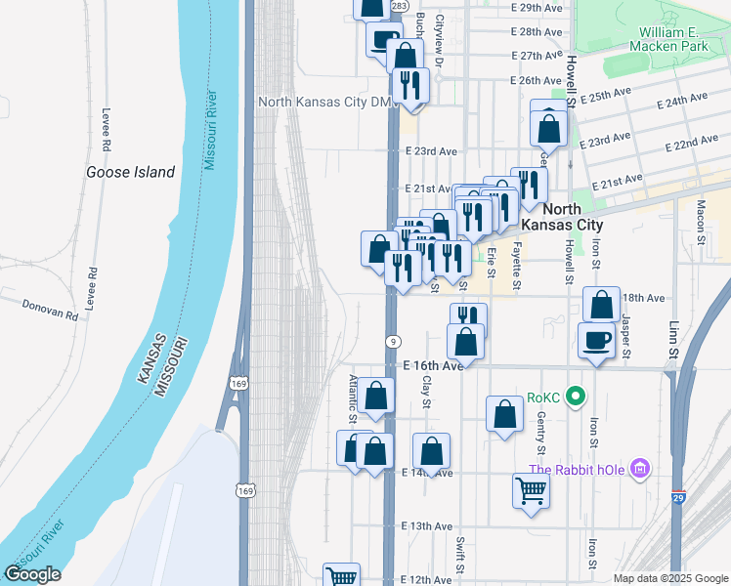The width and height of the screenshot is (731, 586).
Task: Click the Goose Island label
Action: tap(130, 173)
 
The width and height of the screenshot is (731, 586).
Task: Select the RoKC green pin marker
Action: tap(576, 397)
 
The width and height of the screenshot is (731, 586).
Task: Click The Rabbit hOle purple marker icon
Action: tap(640, 470)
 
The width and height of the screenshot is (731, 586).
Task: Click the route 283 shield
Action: tap(399, 7)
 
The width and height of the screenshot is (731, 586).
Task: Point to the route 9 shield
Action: tap(393, 341)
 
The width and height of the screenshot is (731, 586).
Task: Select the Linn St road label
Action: tap(672, 338)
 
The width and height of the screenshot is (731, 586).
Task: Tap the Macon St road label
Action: tap(701, 220)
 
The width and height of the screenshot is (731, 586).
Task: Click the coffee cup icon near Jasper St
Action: tap(598, 341)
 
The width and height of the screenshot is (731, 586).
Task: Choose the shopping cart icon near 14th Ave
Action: tap(532, 490)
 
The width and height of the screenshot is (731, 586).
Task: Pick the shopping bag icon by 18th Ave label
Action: tap(601, 305)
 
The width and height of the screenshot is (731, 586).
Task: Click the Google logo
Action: tap(32, 574)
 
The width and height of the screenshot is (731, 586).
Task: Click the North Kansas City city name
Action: tap(561, 217)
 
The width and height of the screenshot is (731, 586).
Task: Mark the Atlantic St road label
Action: tap(353, 399)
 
